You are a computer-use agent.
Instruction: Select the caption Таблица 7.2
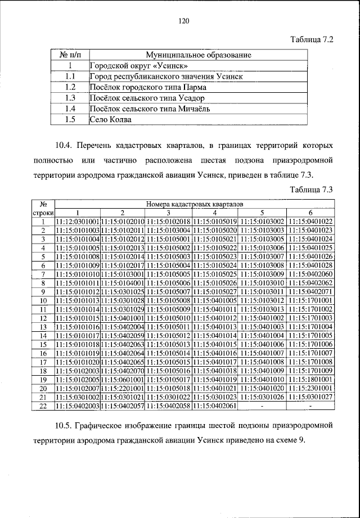point(312,40)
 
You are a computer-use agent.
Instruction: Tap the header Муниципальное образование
point(198,55)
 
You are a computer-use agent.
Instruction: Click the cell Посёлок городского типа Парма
point(148,87)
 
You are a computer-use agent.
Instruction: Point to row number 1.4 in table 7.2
point(70,109)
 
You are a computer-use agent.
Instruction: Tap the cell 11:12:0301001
point(78,222)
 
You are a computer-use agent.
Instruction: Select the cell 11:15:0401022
point(309,222)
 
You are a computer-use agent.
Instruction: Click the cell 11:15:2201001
point(123,388)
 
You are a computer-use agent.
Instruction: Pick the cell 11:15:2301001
point(309,388)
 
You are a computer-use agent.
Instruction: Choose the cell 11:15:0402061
point(214,406)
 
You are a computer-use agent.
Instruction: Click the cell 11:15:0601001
point(123,380)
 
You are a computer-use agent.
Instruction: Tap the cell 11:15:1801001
point(309,380)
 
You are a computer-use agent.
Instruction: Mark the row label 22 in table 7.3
point(43,406)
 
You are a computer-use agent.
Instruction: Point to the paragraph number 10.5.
point(65,425)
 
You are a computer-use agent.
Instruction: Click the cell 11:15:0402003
point(78,406)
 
